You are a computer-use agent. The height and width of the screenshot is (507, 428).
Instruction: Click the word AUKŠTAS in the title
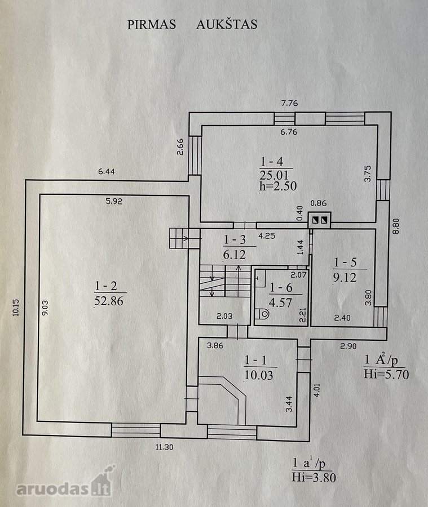(227, 24)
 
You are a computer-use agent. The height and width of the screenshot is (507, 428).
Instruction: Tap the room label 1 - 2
(106, 286)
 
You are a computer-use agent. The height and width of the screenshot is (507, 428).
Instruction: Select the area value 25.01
(274, 175)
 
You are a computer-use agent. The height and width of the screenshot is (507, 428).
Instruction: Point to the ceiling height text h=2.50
(278, 186)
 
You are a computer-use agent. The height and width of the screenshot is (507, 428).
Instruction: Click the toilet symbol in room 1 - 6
(263, 313)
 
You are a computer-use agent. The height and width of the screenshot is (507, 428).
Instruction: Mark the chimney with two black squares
(319, 220)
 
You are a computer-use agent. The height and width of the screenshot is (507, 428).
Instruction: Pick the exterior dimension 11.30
(164, 447)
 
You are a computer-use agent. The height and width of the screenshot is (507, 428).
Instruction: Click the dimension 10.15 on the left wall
(16, 308)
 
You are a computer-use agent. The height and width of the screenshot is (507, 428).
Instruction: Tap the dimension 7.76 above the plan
(289, 104)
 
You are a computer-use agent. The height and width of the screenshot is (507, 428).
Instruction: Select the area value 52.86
(109, 301)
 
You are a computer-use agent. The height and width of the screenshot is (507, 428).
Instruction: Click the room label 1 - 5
(345, 262)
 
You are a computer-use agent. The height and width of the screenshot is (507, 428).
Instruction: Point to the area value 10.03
(259, 375)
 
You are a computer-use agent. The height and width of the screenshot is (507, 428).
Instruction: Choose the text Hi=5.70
(386, 375)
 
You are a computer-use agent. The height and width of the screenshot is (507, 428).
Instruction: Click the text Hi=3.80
(314, 477)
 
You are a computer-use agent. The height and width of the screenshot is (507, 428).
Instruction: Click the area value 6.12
(235, 255)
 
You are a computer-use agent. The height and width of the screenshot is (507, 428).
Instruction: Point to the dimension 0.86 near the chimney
(318, 203)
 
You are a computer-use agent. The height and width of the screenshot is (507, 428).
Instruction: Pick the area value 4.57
(280, 303)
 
